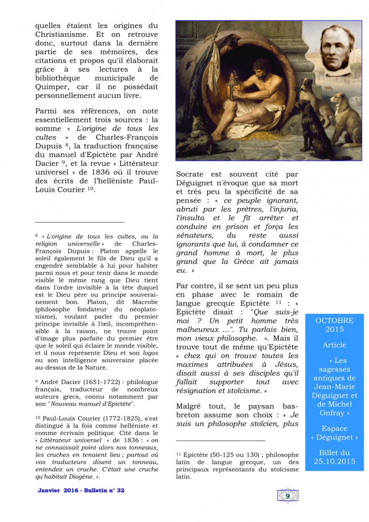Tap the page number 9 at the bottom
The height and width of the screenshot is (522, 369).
tap(287, 495)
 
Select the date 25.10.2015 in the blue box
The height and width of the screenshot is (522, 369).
tap(334, 461)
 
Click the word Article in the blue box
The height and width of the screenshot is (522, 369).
tap(334, 345)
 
